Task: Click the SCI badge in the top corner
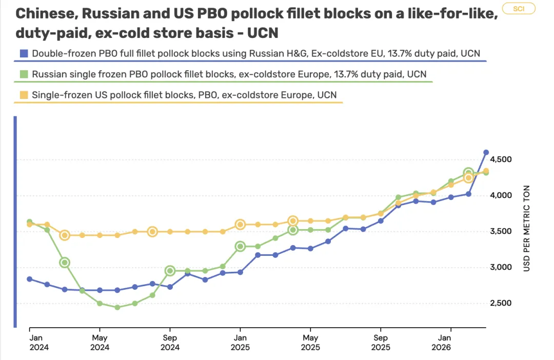pyautogui.click(x=519, y=9)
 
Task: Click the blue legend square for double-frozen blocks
pyautogui.click(x=23, y=53)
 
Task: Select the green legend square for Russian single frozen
pyautogui.click(x=23, y=74)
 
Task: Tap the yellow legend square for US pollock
pyautogui.click(x=23, y=95)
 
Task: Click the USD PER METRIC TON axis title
pyautogui.click(x=527, y=229)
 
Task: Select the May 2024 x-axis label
pyautogui.click(x=100, y=343)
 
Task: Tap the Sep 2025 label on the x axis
pyautogui.click(x=380, y=343)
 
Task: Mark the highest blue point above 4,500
pyautogui.click(x=486, y=152)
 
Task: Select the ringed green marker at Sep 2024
pyautogui.click(x=170, y=271)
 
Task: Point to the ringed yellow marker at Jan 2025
pyautogui.click(x=240, y=225)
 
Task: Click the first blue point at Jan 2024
pyautogui.click(x=30, y=279)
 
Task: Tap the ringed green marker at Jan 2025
pyautogui.click(x=240, y=246)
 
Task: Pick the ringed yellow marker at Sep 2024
pyautogui.click(x=152, y=231)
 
